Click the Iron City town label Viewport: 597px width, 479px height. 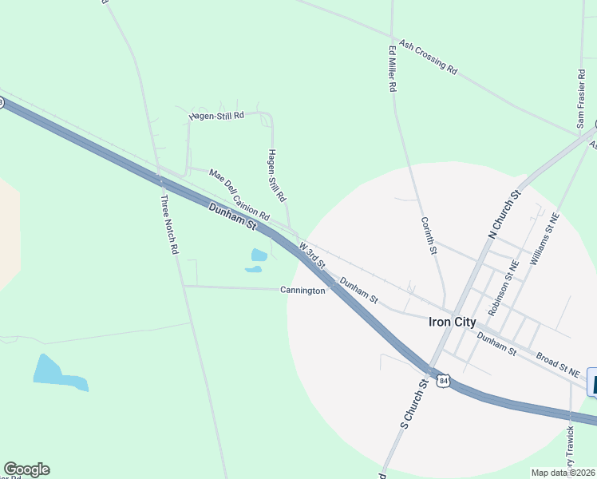[452, 323]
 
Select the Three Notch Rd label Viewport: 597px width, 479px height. [169, 224]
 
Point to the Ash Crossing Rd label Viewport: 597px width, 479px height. [428, 57]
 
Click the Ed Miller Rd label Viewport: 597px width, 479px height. [393, 69]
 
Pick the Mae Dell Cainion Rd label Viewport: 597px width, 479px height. [239, 195]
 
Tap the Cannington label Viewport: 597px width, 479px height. [302, 291]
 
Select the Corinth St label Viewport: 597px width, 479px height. [429, 236]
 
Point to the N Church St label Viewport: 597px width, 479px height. [504, 213]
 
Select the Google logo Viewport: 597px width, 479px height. [26, 469]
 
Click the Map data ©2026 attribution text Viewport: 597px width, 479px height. [563, 473]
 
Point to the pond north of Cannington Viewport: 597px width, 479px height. [258, 257]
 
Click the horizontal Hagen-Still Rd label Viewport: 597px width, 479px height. [215, 116]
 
